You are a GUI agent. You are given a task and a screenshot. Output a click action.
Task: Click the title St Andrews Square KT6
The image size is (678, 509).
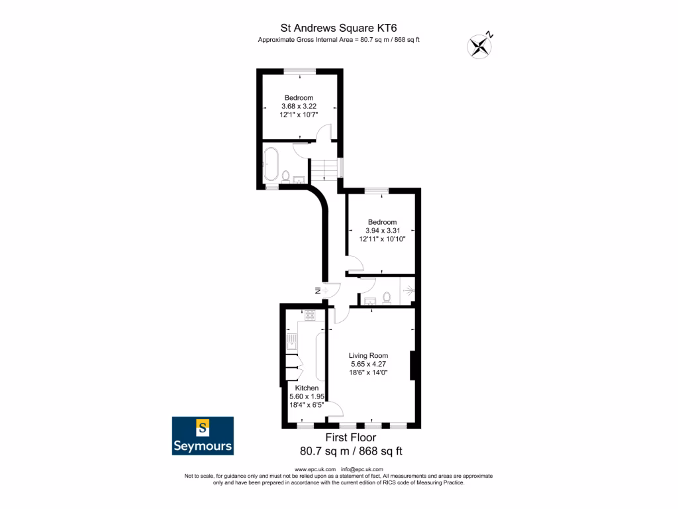pos(339,27)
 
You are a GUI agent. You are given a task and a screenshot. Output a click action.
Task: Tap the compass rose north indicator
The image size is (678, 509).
pos(480,45)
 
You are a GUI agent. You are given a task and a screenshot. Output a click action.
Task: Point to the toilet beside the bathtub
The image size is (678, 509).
pos(285,176)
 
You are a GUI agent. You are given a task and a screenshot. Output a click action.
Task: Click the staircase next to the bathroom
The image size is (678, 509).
pos(324,170)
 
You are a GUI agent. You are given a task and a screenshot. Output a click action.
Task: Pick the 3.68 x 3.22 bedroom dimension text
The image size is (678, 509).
pos(299,107)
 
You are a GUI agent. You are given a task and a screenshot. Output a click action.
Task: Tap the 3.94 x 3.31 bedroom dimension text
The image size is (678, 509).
pos(382,231)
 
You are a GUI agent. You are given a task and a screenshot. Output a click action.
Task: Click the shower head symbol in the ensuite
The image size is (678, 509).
pos(409,290)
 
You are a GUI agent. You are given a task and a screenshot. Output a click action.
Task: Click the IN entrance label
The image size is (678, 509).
pos(318,290)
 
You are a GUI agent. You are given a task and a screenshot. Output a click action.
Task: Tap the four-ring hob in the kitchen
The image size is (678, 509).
pos(308,315)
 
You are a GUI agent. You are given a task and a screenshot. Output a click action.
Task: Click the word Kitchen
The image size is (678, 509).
pos(307,388)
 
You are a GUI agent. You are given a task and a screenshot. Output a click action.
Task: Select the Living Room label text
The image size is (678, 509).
pos(369,355)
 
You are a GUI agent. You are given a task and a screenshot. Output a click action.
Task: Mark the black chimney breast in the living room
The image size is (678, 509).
pos(413,365)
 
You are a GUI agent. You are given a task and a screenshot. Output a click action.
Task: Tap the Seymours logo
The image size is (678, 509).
pos(203,435)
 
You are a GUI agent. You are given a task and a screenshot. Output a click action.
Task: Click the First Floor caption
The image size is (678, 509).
pos(351,437)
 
